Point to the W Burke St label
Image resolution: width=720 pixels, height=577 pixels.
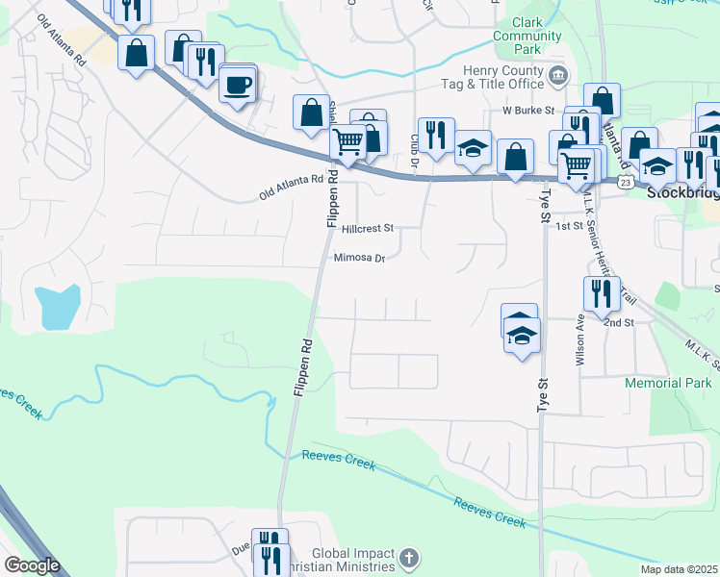coord(529,111)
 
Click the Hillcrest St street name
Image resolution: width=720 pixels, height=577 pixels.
coord(368,229)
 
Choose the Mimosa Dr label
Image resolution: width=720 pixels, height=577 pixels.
coord(359,258)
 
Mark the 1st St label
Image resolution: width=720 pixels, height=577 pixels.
coord(570,226)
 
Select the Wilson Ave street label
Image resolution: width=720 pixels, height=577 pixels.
coord(580,340)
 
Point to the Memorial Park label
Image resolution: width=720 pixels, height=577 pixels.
coord(667,383)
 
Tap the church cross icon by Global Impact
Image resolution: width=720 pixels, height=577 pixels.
coord(409,558)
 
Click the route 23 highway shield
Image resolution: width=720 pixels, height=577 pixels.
coord(626,182)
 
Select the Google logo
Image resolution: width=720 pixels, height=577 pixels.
coord(32,565)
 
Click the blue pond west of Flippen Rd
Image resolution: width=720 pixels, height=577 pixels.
coord(57,307)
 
